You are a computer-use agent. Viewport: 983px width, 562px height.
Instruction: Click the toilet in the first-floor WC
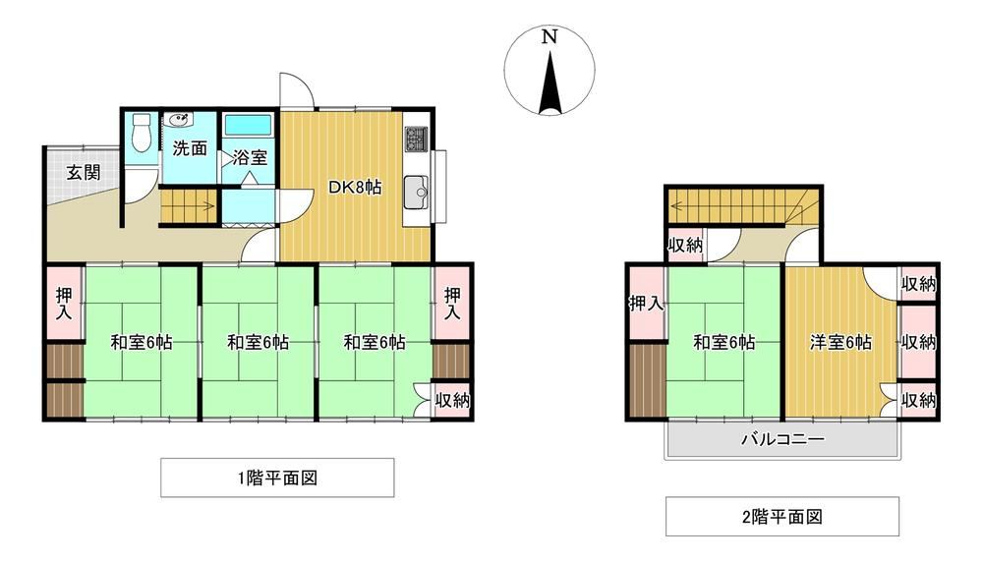tap(143, 134)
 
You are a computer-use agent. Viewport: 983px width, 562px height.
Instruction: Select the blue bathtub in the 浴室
tap(249, 125)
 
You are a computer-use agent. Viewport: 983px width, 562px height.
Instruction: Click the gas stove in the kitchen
tap(416, 139)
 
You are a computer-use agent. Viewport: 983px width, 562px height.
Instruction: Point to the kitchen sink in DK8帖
tap(416, 193)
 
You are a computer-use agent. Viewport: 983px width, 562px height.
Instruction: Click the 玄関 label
tap(84, 172)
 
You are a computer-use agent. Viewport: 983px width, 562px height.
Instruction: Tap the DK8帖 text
tap(356, 187)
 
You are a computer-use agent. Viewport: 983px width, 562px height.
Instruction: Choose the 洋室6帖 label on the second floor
tap(840, 342)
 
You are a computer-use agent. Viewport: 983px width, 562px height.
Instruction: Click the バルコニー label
tap(782, 438)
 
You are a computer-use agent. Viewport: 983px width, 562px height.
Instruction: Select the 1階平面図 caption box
tap(278, 478)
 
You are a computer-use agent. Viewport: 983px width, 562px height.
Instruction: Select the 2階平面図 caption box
tap(782, 516)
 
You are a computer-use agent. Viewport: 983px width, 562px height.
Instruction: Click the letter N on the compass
tap(549, 37)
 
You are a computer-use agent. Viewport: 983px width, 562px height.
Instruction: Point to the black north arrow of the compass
tap(549, 84)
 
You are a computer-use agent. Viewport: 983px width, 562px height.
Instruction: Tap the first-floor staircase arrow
tap(188, 204)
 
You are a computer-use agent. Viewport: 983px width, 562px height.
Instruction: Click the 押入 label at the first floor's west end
tap(63, 304)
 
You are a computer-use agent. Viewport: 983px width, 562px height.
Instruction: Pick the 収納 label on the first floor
tap(452, 400)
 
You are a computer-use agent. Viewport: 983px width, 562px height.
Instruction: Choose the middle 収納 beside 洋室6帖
tap(918, 342)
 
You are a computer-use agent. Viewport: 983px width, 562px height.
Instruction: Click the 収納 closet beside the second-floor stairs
tap(685, 245)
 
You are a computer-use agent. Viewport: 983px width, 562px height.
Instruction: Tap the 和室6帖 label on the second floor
tap(723, 342)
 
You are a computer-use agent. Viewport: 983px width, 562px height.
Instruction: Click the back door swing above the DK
tap(296, 90)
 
